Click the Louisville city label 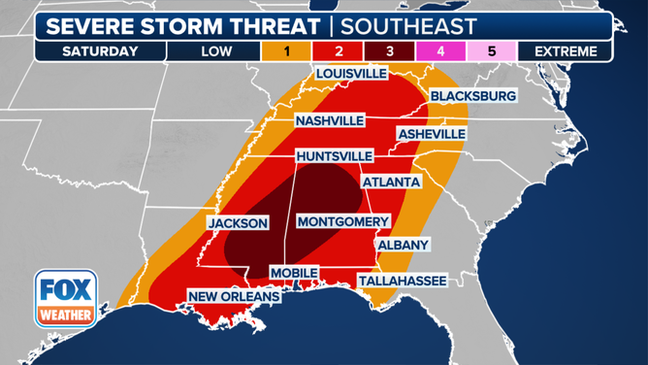[350, 74]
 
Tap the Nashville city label [331, 120]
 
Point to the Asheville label [431, 134]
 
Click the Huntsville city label [335, 155]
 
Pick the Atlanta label [391, 182]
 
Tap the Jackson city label [238, 223]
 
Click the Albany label [403, 245]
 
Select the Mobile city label [293, 273]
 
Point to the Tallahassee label [403, 281]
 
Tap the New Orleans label [234, 296]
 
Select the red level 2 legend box [338, 51]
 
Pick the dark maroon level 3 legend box [389, 51]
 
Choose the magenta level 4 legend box [440, 51]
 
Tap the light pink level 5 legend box [492, 51]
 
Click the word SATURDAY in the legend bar [100, 51]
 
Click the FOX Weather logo [66, 298]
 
